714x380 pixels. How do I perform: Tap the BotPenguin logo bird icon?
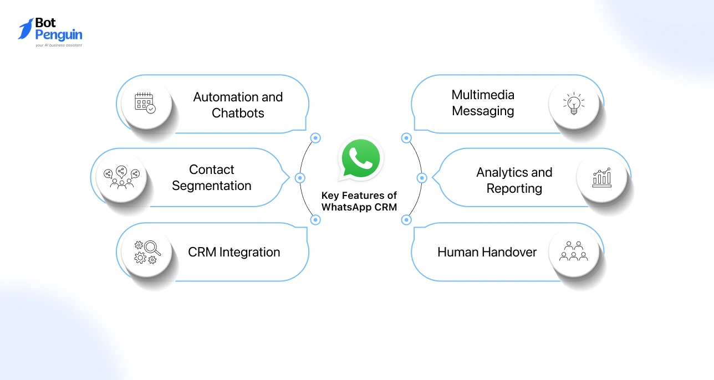pyautogui.click(x=25, y=29)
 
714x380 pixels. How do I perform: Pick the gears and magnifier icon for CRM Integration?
pyautogui.click(x=147, y=251)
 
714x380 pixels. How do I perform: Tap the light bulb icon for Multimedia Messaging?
pyautogui.click(x=574, y=103)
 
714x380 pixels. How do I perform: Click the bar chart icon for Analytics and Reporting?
pyautogui.click(x=601, y=177)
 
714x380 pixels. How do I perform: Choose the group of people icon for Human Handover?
pyautogui.click(x=574, y=251)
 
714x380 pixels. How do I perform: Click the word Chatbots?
pyautogui.click(x=238, y=113)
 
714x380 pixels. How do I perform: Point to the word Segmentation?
pyautogui.click(x=211, y=186)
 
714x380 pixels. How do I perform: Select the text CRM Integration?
pyautogui.click(x=234, y=252)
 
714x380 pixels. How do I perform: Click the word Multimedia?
pyautogui.click(x=483, y=95)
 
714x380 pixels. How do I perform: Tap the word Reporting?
pyautogui.click(x=514, y=188)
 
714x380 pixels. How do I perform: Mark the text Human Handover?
pyautogui.click(x=487, y=252)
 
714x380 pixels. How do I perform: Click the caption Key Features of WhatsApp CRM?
pyautogui.click(x=359, y=202)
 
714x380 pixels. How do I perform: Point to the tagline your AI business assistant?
pyautogui.click(x=58, y=45)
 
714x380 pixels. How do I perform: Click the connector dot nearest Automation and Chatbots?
pyautogui.click(x=315, y=138)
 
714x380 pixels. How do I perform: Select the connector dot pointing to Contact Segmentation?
pyautogui.click(x=300, y=178)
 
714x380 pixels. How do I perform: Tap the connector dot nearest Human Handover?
pyautogui.click(x=406, y=220)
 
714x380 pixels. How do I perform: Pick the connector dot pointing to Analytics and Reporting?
pyautogui.click(x=421, y=178)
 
